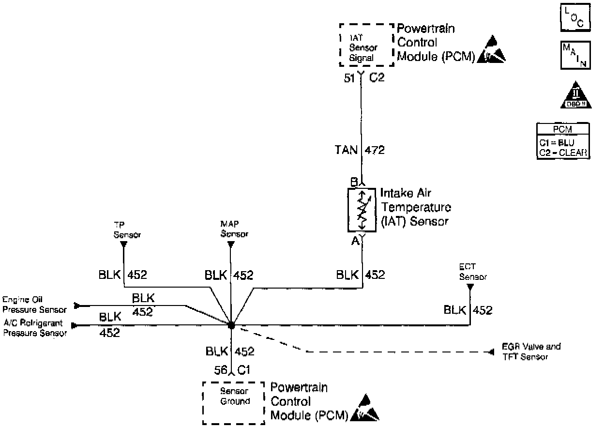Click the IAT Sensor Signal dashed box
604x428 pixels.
coord(366,45)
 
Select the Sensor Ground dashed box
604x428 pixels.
coord(233,402)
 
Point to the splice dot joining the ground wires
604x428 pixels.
coord(231,325)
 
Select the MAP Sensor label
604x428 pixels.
coord(234,229)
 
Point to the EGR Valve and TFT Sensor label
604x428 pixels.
coord(531,352)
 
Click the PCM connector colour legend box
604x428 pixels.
coord(563,141)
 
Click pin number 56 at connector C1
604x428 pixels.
coord(221,370)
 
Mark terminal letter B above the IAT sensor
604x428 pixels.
coord(354,182)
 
